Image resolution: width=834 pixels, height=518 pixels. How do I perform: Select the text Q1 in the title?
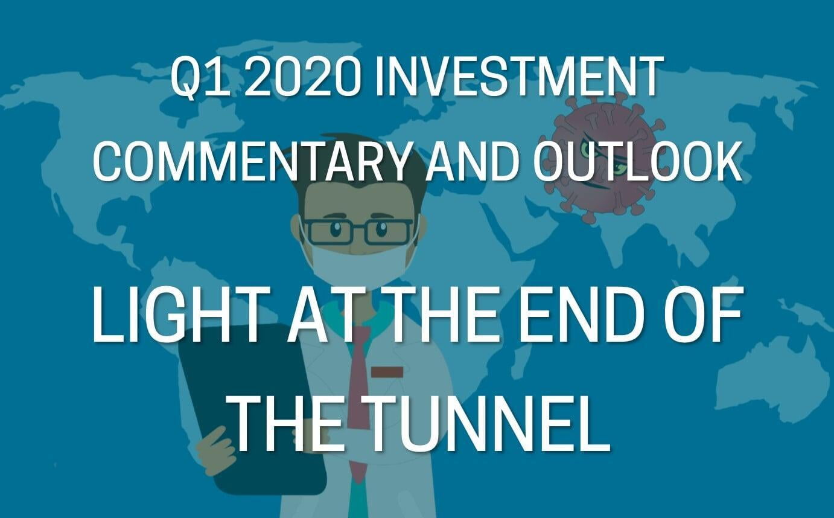(x=197, y=78)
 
